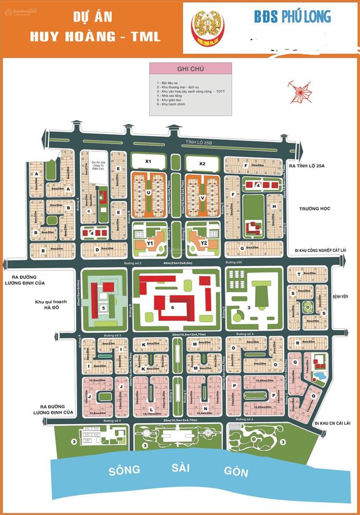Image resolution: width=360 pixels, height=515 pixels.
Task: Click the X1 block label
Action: pyautogui.click(x=149, y=161)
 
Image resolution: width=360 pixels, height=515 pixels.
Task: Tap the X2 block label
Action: pyautogui.click(x=202, y=163)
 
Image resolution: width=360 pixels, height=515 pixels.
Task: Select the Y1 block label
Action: pyautogui.click(x=150, y=242)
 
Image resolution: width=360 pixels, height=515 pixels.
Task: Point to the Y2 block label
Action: pyautogui.click(x=203, y=242)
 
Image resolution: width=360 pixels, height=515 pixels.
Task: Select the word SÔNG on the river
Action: pyautogui.click(x=124, y=470)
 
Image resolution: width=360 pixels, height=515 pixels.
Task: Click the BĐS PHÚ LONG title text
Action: pyautogui.click(x=292, y=17)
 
